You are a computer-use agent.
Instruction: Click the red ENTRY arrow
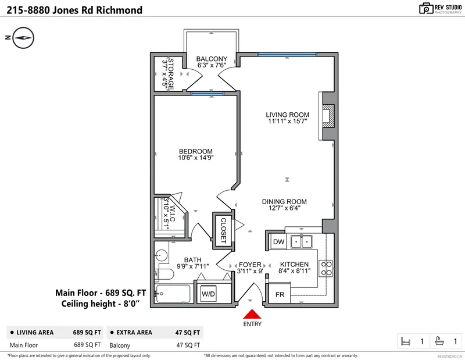pyautogui.click(x=251, y=315)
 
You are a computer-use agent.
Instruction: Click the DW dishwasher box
pyautogui.click(x=278, y=241)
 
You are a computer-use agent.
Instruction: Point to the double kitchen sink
pyautogui.click(x=301, y=241)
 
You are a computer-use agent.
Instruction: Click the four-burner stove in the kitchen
pyautogui.click(x=327, y=267)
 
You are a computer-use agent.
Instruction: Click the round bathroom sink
pyautogui.click(x=160, y=254)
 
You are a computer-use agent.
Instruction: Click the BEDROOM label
pyautogui.click(x=195, y=151)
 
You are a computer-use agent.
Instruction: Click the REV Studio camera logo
pyautogui.click(x=426, y=8)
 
